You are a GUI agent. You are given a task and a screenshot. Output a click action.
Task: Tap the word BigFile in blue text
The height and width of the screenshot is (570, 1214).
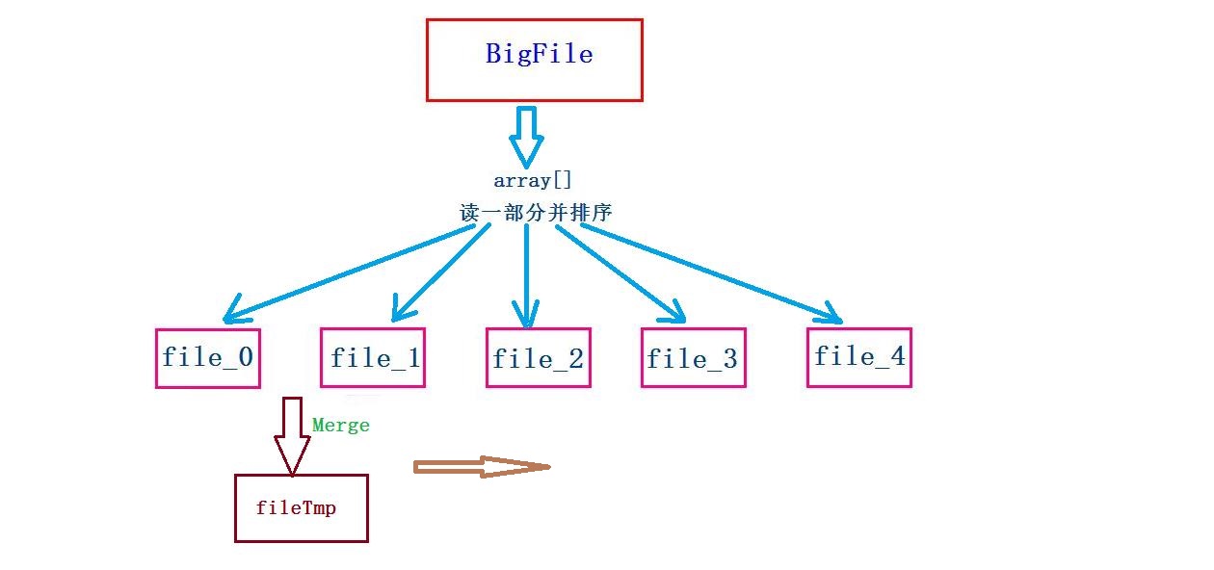pos(539,54)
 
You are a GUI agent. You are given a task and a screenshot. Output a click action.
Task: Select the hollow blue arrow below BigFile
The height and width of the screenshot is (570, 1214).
pos(527,137)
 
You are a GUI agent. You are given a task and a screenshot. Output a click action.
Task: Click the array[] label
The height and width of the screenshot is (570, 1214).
pos(533,180)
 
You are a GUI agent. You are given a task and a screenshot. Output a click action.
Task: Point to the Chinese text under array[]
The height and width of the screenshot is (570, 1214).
pos(536,213)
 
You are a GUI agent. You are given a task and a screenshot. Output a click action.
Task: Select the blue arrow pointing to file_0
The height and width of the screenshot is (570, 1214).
pos(356,272)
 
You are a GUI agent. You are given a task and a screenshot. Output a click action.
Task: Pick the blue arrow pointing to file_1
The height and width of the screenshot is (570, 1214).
pos(441,272)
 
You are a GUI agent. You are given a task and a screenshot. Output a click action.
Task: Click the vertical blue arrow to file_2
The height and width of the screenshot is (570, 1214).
pos(525,274)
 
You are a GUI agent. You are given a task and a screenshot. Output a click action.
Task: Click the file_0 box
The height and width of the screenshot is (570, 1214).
pos(207,358)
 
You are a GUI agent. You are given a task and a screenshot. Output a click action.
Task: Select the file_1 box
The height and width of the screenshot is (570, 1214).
pos(373,358)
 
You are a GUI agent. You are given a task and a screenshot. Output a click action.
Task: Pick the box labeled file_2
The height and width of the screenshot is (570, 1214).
pos(538,358)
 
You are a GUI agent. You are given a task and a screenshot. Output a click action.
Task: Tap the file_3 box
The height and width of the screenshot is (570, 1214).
pos(693,358)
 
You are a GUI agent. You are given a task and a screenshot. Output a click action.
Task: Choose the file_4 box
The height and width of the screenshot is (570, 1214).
pos(858,357)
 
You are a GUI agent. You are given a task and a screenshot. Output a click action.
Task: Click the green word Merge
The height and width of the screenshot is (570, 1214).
pos(340,425)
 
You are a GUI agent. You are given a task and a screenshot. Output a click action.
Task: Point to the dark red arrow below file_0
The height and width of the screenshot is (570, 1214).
pos(292,435)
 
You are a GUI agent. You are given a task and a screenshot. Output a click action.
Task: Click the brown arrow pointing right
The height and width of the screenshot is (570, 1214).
pos(480,467)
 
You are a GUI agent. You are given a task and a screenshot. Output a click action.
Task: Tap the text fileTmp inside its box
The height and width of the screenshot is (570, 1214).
pos(297,507)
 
